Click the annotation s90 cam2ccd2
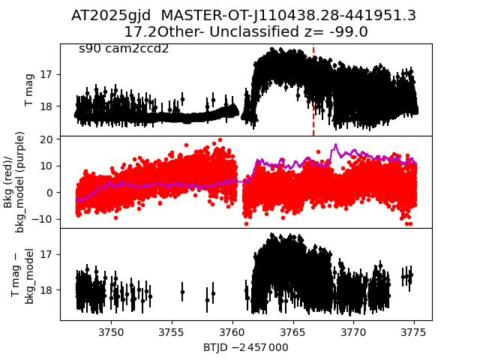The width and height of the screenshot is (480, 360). pos(124,49)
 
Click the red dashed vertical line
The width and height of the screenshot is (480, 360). pos(313,90)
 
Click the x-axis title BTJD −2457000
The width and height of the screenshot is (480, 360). pos(245,347)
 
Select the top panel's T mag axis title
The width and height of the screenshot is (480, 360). pos(30,90)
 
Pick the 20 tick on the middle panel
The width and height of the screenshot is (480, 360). pos(46,139)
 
